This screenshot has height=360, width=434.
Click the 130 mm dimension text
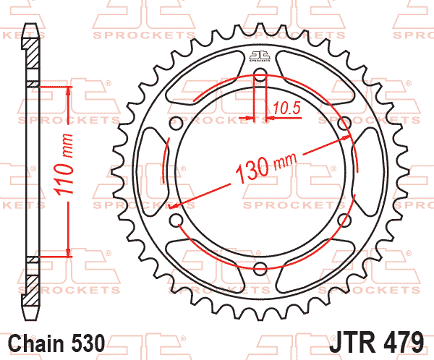tap(265, 168)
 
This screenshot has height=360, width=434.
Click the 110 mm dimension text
tap(64, 165)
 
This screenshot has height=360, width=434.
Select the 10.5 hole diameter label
tap(286, 108)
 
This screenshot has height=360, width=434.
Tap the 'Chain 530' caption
tap(56, 343)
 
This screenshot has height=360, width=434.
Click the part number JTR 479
tap(376, 342)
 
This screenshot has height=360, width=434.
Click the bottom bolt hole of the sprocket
tap(260, 268)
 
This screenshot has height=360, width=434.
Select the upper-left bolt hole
tap(176, 123)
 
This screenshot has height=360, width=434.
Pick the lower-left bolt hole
tap(176, 220)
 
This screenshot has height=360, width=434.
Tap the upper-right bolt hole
tap(344, 123)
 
